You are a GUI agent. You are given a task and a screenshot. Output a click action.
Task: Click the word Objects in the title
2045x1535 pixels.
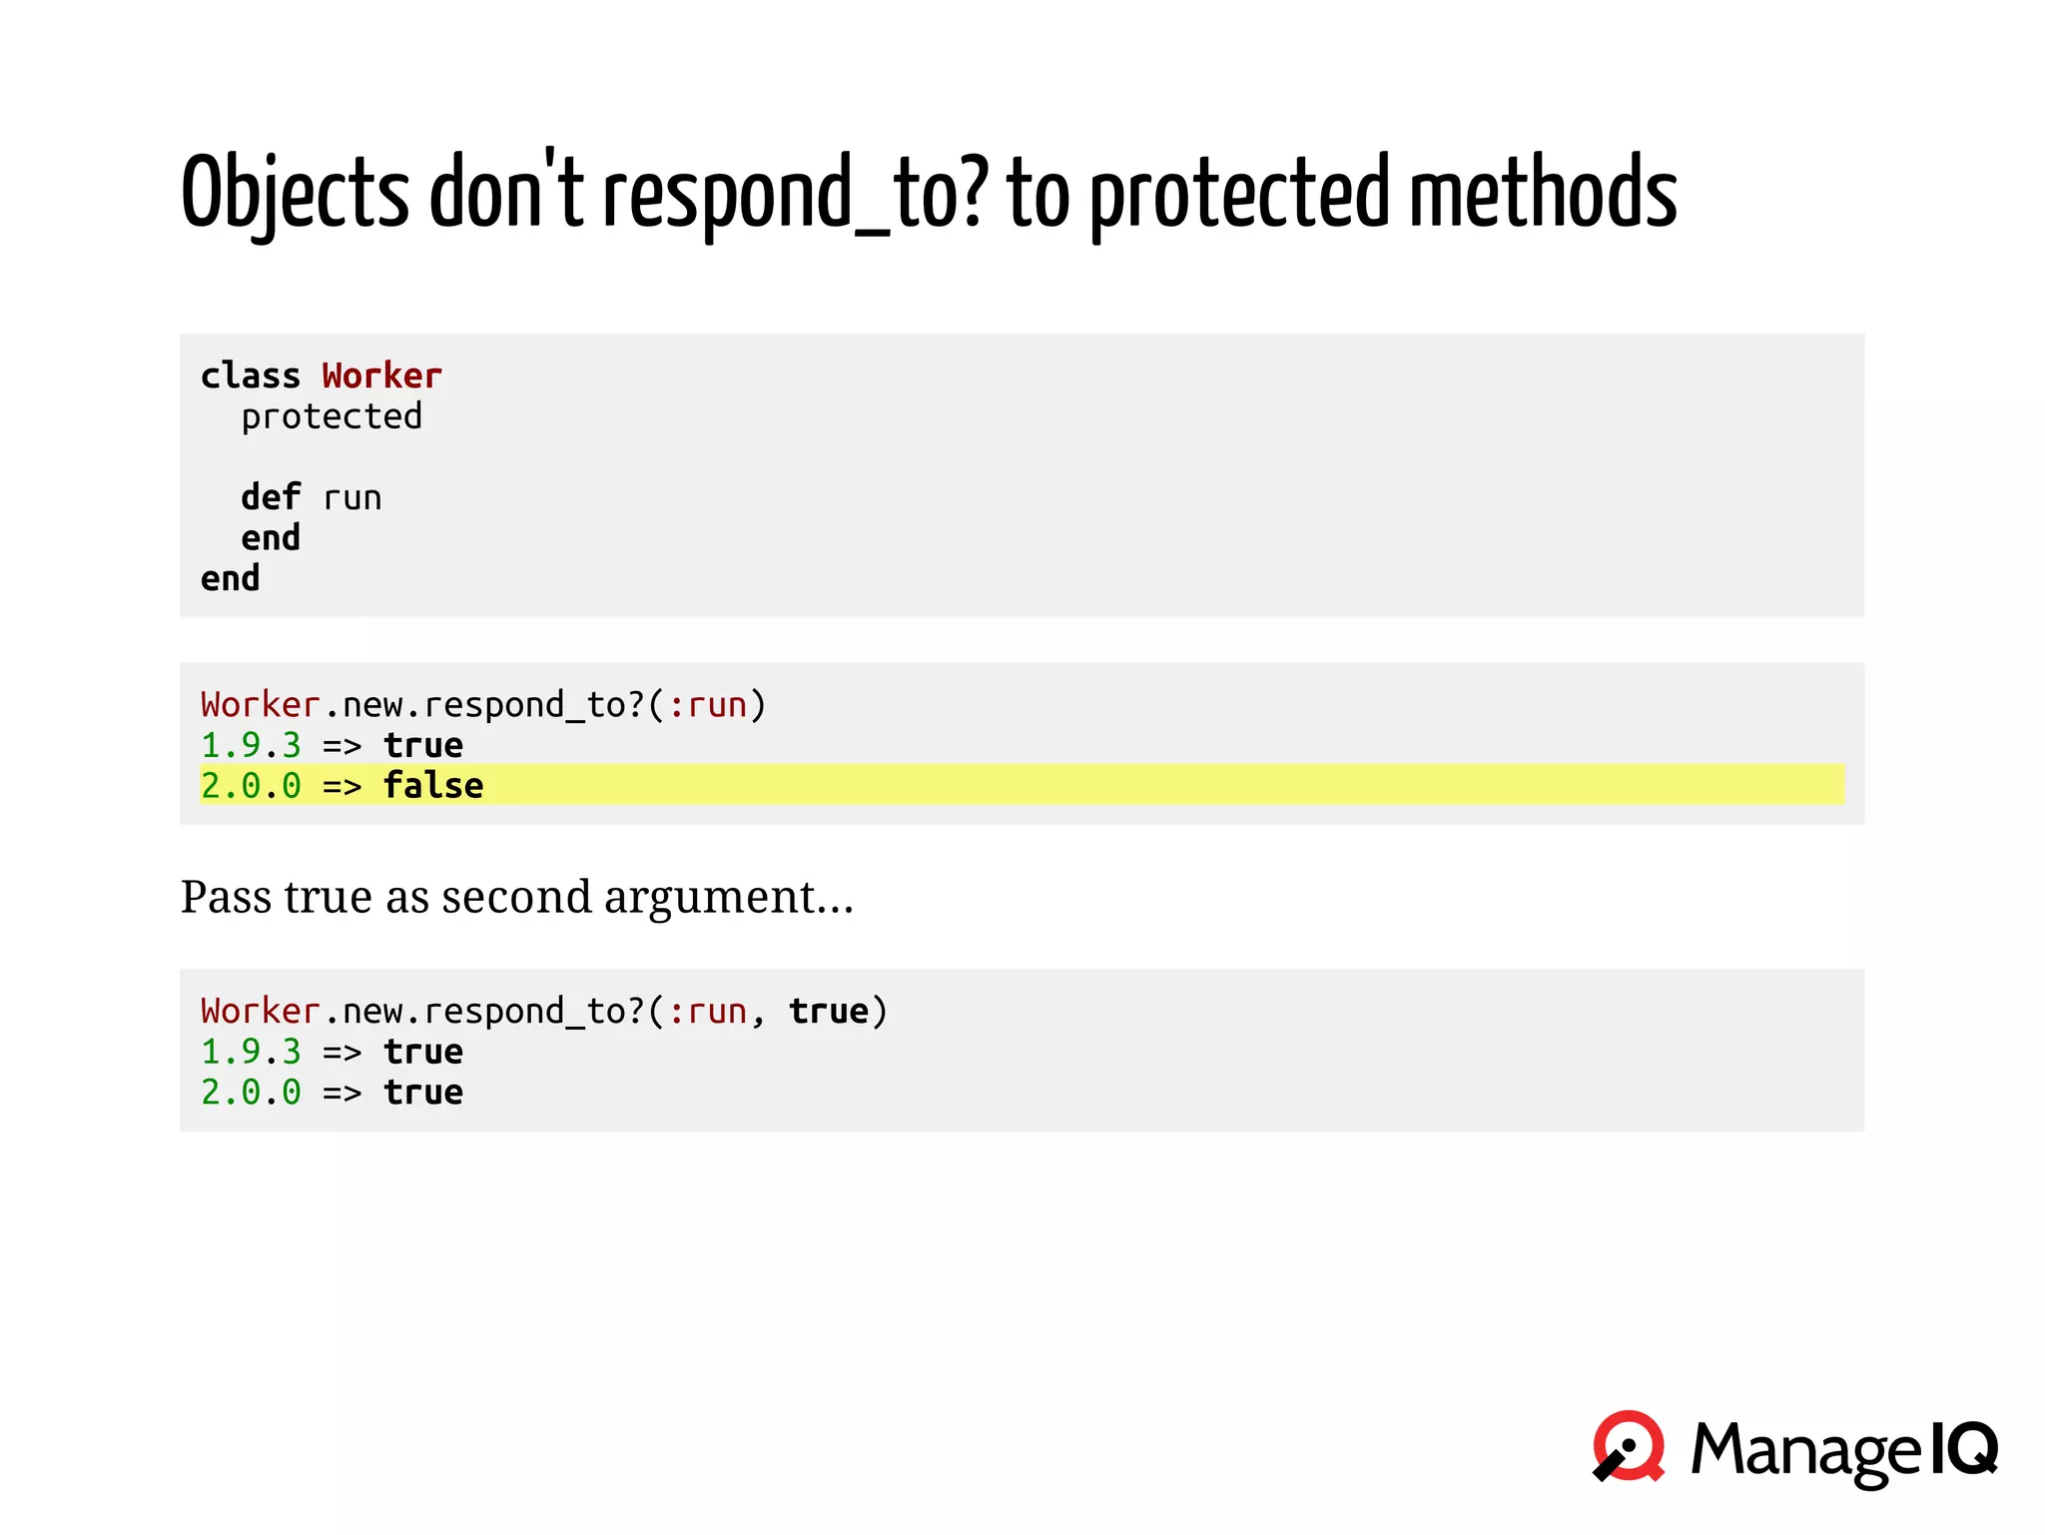[x=296, y=192]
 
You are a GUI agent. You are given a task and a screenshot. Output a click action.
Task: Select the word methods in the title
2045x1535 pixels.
[x=1542, y=192]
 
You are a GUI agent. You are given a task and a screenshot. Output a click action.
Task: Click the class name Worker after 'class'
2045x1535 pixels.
[x=381, y=376]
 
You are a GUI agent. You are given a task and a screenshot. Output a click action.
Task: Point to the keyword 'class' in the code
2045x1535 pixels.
[x=251, y=376]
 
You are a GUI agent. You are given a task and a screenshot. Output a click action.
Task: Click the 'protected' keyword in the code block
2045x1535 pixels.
[x=332, y=416]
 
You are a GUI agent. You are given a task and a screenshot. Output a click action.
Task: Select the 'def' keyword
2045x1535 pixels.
[x=271, y=497]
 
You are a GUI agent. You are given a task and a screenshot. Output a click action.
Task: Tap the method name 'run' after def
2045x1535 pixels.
[x=351, y=497]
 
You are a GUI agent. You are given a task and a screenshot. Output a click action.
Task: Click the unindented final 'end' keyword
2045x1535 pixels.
[x=230, y=578]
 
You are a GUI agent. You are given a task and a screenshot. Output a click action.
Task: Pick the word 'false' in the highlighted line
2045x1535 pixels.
[x=433, y=786]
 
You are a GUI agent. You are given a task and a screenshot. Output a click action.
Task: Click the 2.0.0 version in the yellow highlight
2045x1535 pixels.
[x=251, y=786]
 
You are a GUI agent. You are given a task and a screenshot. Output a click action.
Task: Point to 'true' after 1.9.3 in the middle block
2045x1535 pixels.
[x=423, y=745]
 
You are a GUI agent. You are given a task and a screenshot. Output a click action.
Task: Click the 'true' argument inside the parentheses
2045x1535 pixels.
[x=829, y=1011]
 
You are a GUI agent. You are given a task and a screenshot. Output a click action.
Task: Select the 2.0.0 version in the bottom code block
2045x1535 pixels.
[x=251, y=1093]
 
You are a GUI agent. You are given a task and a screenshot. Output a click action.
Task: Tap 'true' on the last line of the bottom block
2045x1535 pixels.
[x=423, y=1093]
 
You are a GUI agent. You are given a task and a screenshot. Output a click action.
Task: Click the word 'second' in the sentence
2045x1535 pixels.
[x=516, y=896]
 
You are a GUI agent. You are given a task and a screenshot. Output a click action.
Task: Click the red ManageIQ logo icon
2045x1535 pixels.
[x=1629, y=1446]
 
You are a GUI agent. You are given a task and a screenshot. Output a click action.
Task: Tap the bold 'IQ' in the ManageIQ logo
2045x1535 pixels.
[x=1963, y=1448]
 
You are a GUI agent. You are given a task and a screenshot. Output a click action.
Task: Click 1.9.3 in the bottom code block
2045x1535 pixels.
[x=251, y=1052]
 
